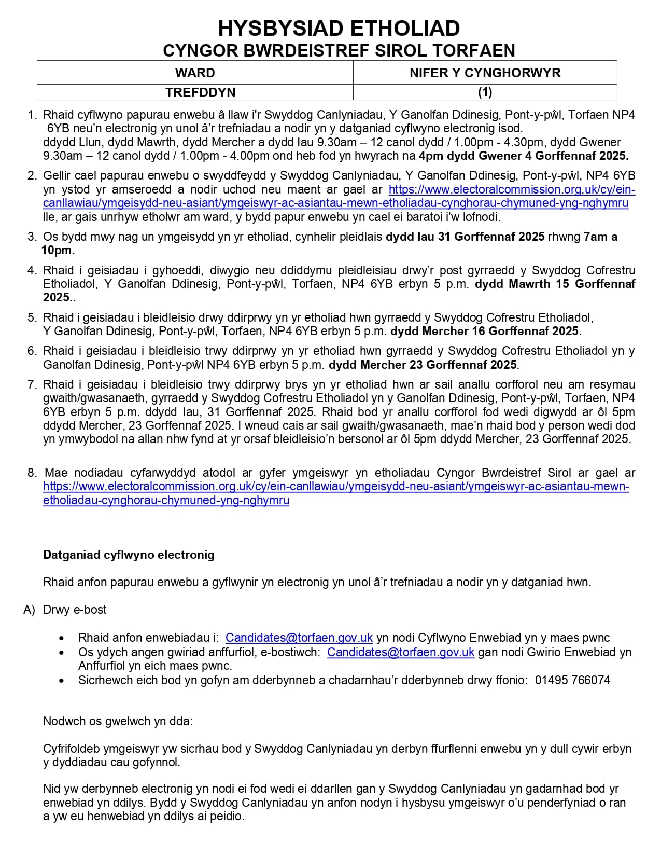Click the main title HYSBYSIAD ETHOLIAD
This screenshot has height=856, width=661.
[339, 28]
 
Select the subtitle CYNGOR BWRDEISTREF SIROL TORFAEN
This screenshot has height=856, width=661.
[339, 50]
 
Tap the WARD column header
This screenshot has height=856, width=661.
[195, 73]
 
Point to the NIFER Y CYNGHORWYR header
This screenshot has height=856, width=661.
[485, 73]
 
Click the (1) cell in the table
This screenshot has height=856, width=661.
[485, 92]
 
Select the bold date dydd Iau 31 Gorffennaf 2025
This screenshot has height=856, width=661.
[465, 237]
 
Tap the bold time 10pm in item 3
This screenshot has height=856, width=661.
[57, 251]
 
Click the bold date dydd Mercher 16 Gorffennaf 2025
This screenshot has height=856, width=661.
[485, 331]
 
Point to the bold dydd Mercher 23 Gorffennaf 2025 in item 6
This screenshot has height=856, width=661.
[423, 365]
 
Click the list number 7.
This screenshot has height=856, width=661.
[32, 384]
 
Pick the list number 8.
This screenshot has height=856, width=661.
[32, 473]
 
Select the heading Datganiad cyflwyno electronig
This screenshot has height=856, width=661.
[129, 555]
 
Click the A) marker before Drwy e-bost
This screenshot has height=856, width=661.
[29, 610]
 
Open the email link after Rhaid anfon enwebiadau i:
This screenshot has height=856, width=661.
[299, 638]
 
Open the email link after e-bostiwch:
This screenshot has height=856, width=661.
[401, 652]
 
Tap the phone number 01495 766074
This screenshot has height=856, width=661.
[572, 680]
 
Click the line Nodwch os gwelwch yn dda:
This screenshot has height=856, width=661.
[118, 721]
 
